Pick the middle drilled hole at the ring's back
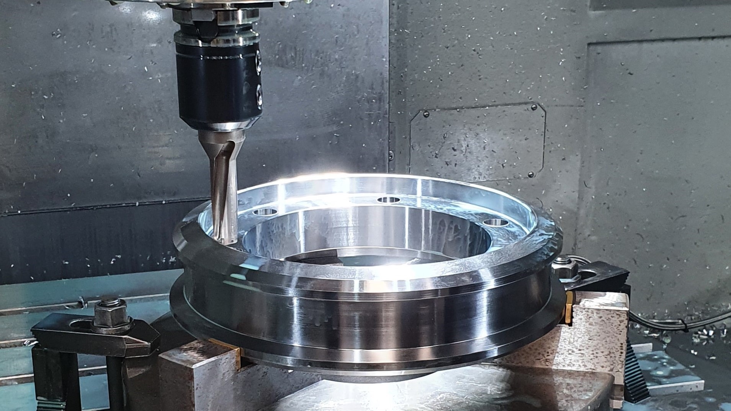(388, 200)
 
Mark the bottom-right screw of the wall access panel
(531, 174)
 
